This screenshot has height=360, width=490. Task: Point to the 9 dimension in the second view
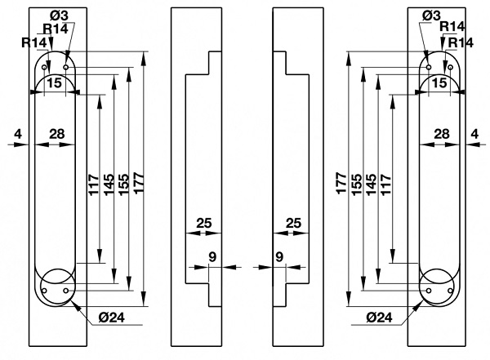click(212, 256)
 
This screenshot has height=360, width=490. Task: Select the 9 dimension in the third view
click(278, 256)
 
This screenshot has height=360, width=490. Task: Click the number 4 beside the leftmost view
click(18, 132)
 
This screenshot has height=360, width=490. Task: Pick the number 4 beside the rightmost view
click(474, 132)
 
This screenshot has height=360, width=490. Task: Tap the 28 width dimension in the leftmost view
click(57, 132)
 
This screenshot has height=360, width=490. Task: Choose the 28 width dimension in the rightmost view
click(441, 132)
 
